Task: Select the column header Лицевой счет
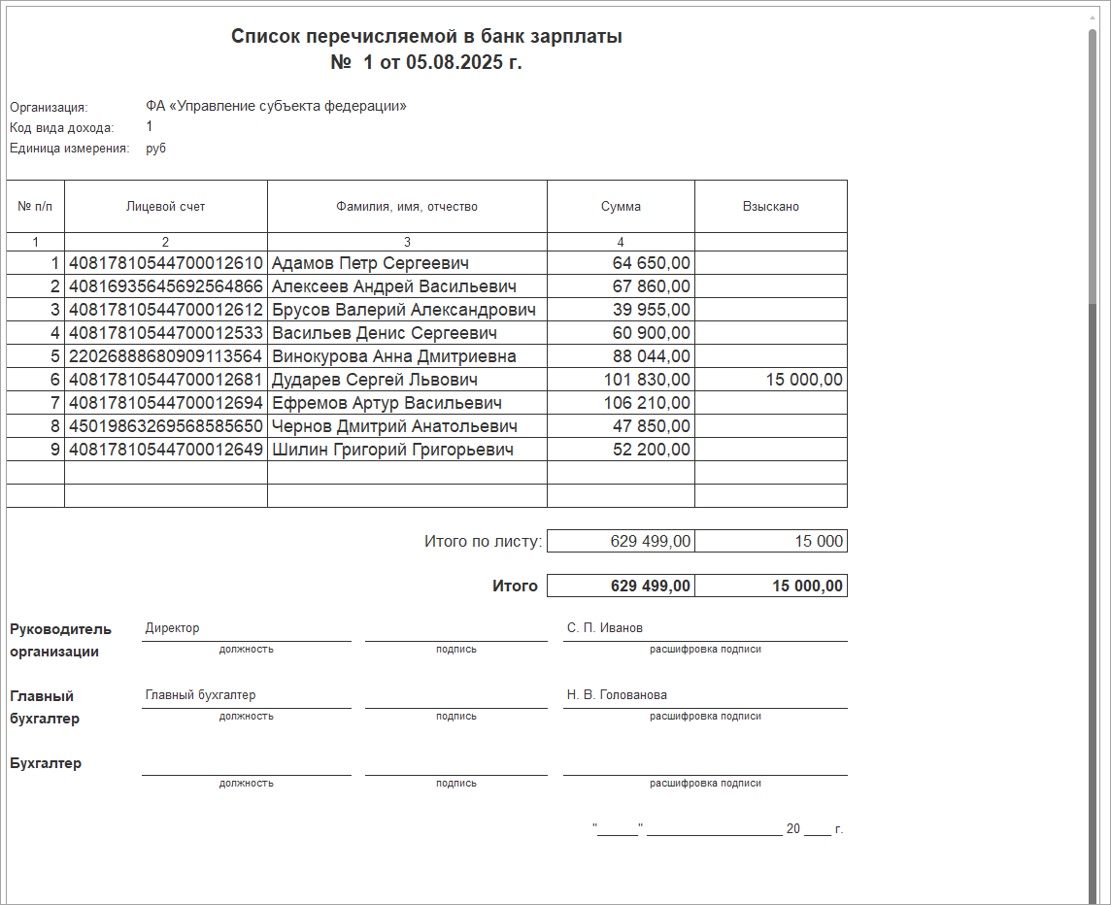click(x=165, y=206)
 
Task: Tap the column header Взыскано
click(x=770, y=206)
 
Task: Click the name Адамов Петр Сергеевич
click(x=370, y=263)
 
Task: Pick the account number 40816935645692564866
click(x=166, y=286)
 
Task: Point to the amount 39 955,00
click(x=652, y=310)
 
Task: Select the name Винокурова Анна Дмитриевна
click(x=393, y=356)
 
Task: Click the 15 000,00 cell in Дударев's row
click(x=804, y=380)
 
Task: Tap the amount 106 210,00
click(x=647, y=403)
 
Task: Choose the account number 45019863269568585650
click(x=166, y=426)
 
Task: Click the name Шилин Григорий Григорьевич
click(x=392, y=450)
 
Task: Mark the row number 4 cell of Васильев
click(x=55, y=333)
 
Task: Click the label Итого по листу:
click(x=483, y=541)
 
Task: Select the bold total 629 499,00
click(x=651, y=586)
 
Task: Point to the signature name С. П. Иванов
click(x=604, y=627)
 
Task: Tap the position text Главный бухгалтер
click(x=200, y=694)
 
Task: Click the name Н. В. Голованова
click(x=617, y=694)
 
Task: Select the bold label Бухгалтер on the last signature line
click(x=46, y=763)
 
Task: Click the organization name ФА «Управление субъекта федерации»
click(x=276, y=106)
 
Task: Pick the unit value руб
click(x=155, y=149)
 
